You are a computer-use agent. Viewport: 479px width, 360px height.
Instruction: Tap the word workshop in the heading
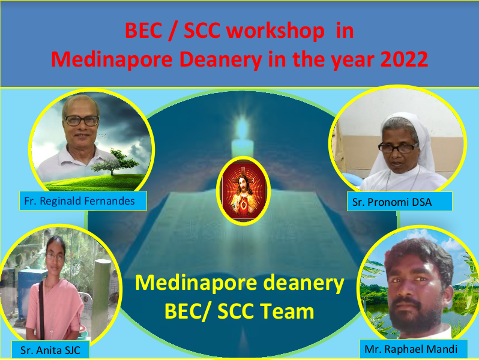click(x=276, y=31)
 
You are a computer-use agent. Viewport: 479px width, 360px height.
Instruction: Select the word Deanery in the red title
click(x=220, y=60)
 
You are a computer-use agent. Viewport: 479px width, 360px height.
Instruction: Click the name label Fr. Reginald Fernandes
click(x=83, y=200)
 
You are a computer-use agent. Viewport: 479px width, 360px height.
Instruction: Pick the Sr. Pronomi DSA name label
click(x=399, y=202)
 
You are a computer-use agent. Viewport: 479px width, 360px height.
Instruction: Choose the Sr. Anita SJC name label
click(x=50, y=350)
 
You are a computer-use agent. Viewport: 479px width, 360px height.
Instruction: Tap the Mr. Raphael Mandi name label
click(x=414, y=349)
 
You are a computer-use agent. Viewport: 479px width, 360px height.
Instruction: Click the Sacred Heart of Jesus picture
click(x=243, y=191)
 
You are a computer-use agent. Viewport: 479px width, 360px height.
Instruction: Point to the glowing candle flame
click(x=243, y=129)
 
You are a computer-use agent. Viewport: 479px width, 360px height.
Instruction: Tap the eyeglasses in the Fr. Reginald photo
click(x=81, y=121)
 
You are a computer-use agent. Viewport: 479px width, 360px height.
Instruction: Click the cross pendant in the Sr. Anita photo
click(x=52, y=332)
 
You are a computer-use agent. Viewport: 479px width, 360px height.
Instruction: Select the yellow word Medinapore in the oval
click(x=196, y=283)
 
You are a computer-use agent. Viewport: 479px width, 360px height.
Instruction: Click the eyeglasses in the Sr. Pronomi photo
click(x=397, y=148)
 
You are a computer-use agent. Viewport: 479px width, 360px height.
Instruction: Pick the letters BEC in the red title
click(x=143, y=31)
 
